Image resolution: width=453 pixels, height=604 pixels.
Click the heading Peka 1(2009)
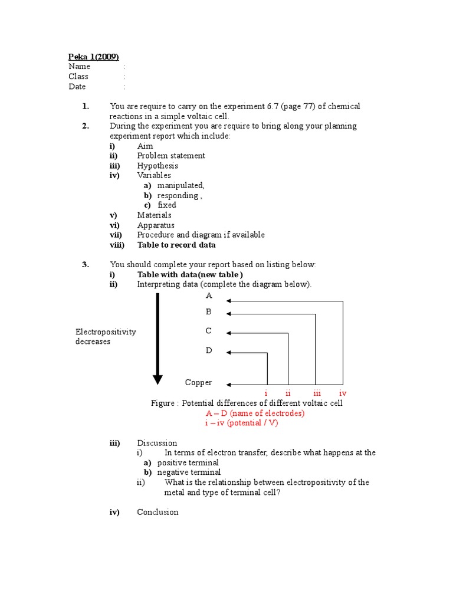(94, 57)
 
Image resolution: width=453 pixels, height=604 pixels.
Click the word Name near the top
(79, 67)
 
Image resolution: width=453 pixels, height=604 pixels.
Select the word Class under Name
(78, 77)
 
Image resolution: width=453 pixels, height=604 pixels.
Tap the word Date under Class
(77, 87)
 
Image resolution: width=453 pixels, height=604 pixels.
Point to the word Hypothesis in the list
(157, 166)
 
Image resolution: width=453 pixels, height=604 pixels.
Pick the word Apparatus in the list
(156, 225)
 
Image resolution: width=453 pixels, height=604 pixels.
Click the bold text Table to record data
(176, 245)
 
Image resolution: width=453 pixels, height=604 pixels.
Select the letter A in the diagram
(209, 295)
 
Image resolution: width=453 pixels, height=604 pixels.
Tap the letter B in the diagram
(209, 311)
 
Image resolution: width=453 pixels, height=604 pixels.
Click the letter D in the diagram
(209, 350)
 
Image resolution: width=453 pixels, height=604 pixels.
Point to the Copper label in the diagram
(198, 382)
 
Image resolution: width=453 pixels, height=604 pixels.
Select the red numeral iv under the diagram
(343, 393)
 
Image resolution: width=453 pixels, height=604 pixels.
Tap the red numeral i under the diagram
(266, 393)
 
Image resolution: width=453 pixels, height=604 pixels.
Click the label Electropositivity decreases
(106, 337)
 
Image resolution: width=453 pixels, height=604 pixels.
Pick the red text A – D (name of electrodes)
(255, 413)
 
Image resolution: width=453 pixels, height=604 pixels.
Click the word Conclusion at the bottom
(157, 512)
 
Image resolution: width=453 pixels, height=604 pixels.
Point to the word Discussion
(157, 443)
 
